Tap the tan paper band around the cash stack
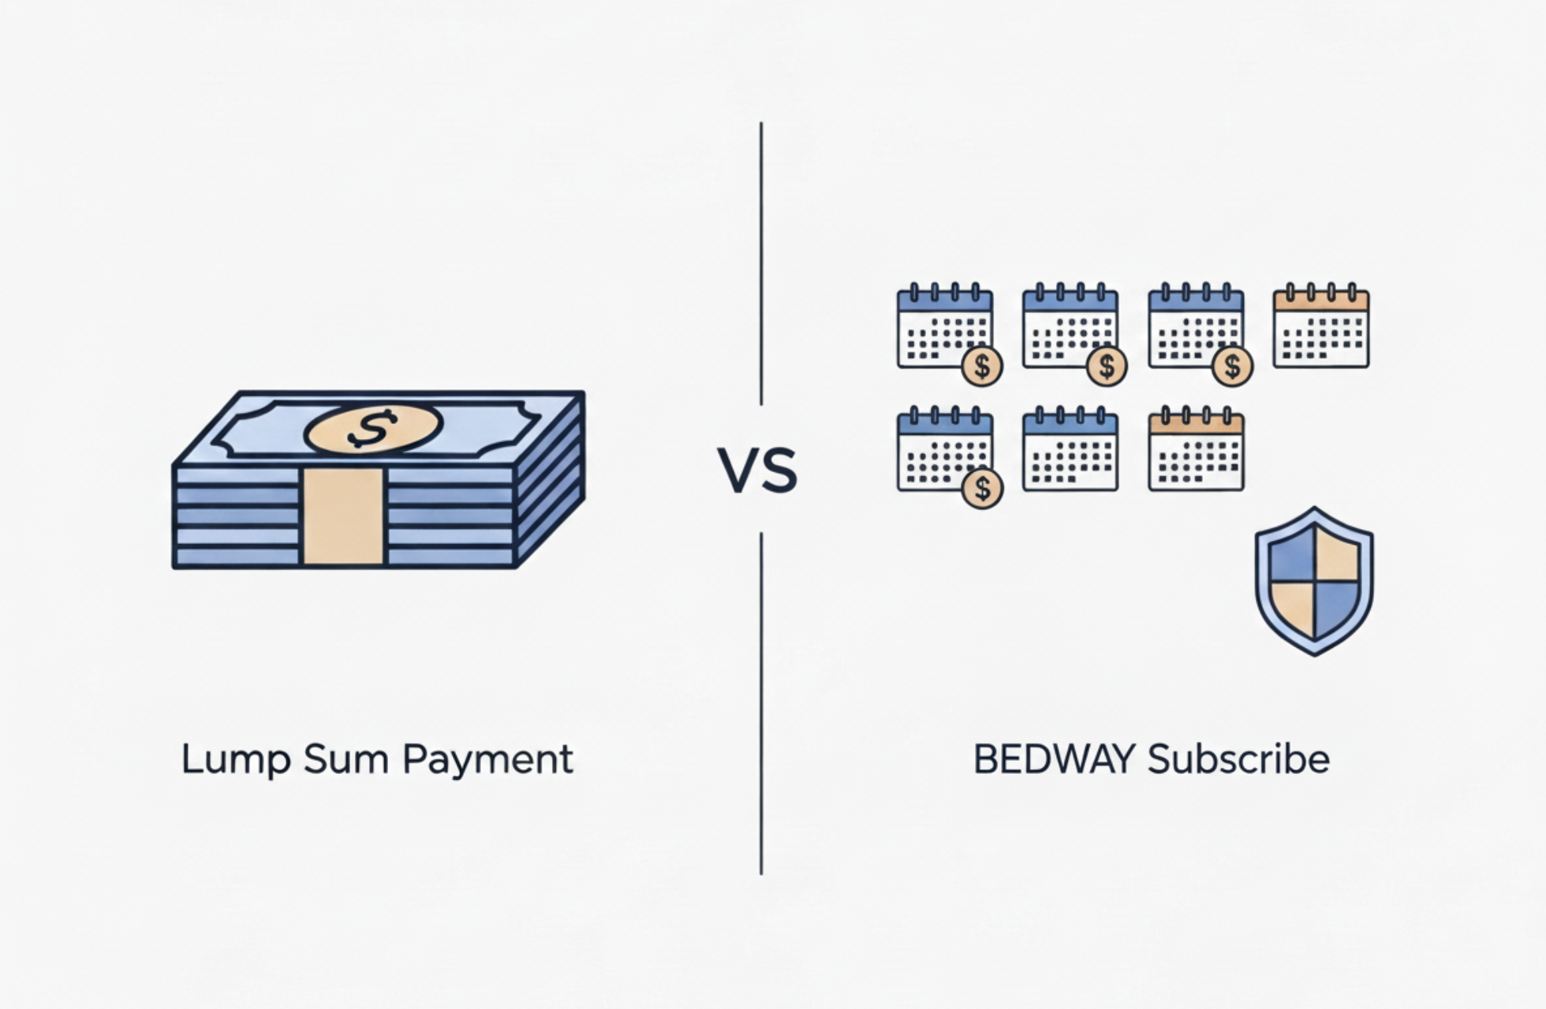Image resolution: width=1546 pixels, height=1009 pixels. pos(343,516)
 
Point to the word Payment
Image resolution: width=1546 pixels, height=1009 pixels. pos(487,760)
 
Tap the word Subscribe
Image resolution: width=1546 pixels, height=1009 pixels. pos(1238,760)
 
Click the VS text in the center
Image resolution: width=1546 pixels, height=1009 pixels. pos(757,471)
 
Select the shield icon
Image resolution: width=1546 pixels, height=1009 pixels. pos(1314,582)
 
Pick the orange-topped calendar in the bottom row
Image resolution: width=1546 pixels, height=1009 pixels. pos(1196,450)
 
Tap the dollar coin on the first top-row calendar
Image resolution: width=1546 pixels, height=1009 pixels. pos(982,366)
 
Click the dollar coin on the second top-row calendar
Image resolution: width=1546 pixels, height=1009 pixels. pos(1107,366)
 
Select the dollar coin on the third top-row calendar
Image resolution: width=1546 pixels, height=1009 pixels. pos(1232,366)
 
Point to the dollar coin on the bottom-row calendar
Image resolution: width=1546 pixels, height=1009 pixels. pos(982,489)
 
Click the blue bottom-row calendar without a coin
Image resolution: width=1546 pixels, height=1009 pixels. pos(1070,450)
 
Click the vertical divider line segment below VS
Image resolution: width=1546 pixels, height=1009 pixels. pos(761,702)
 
